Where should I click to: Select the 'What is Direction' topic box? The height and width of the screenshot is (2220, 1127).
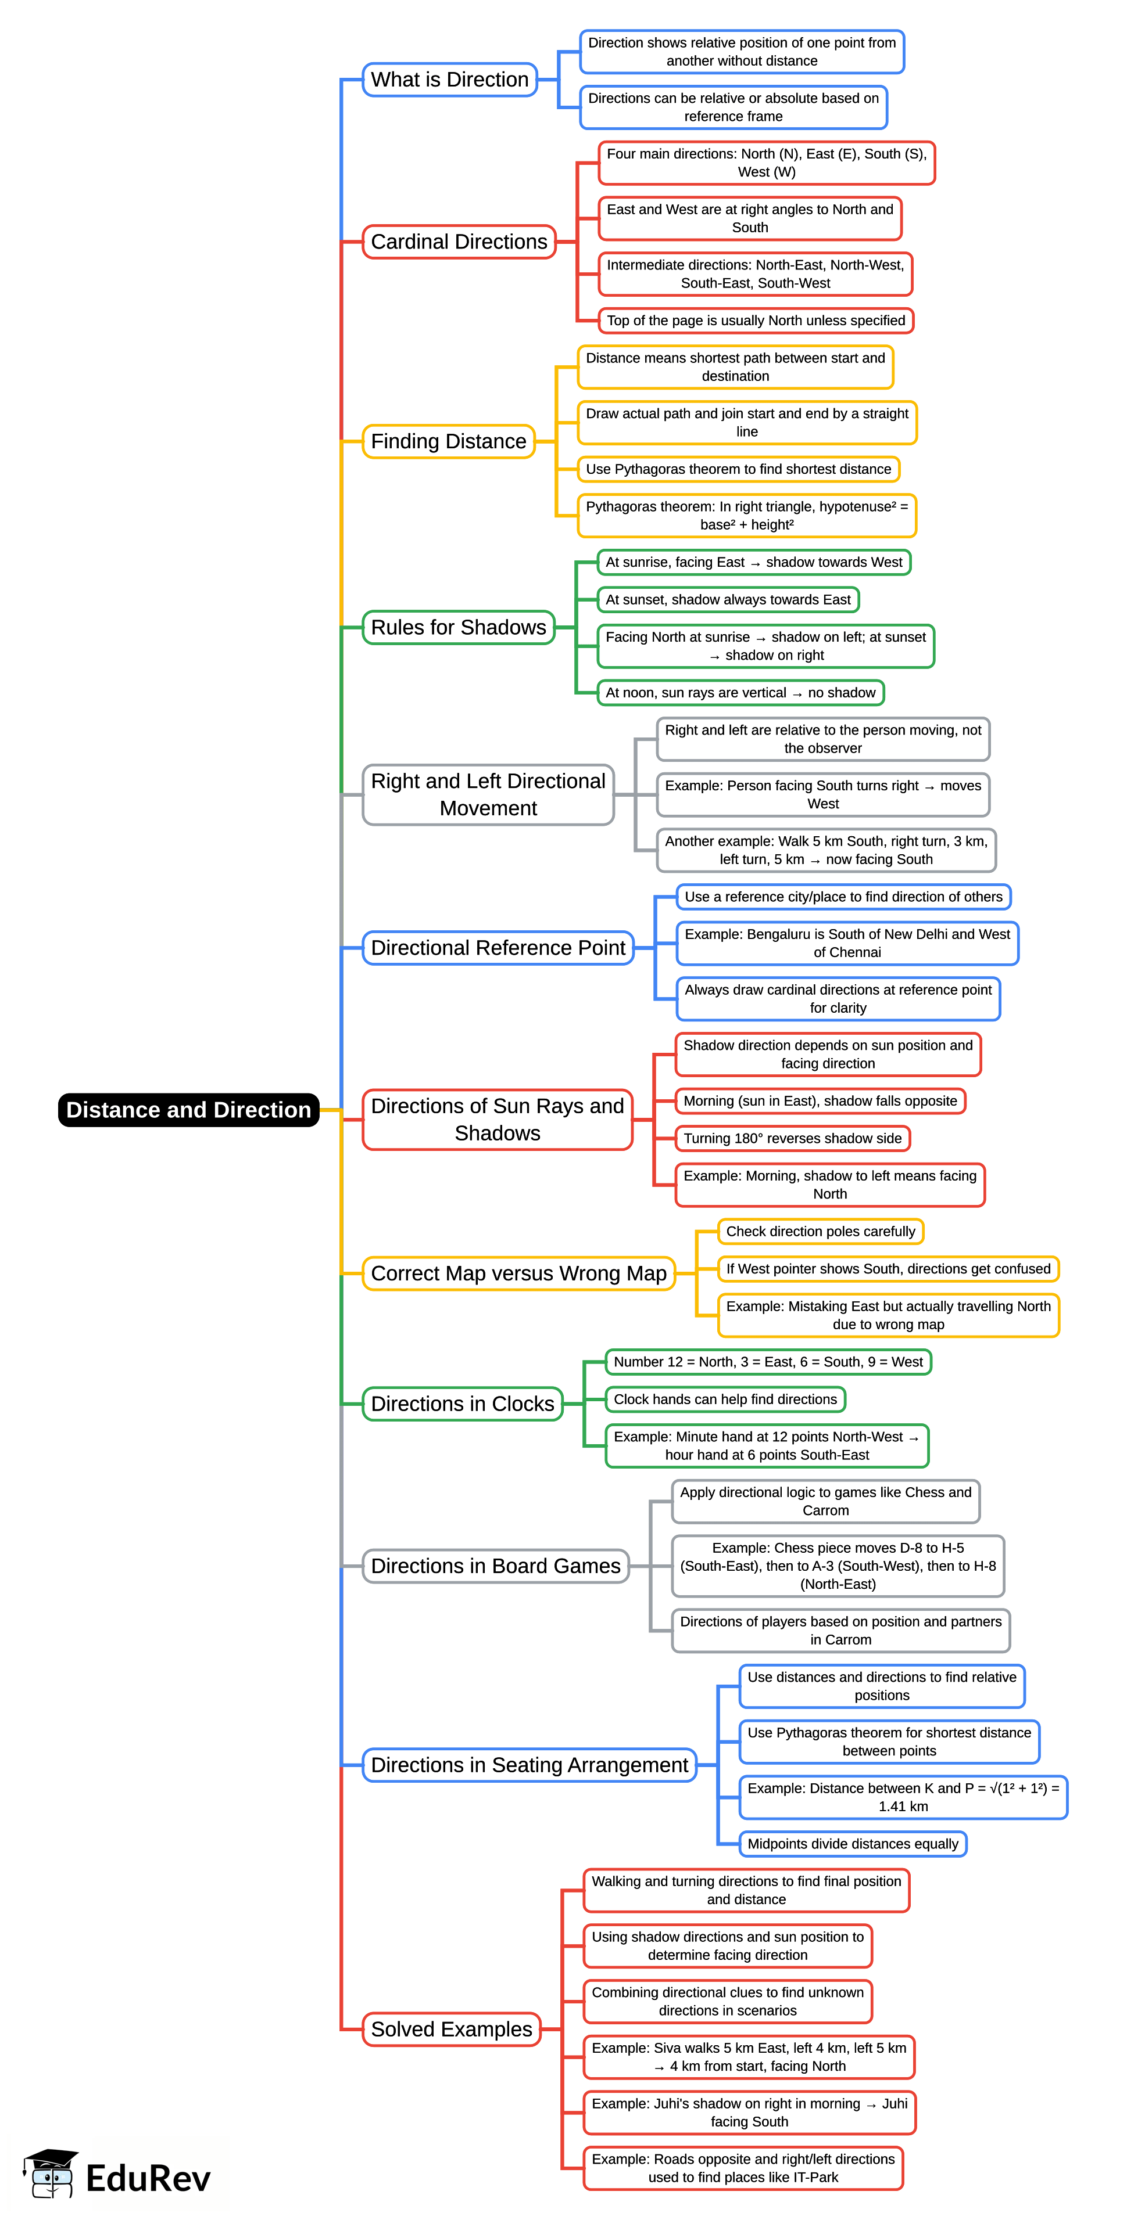tap(449, 80)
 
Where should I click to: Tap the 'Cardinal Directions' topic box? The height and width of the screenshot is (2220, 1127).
tap(459, 242)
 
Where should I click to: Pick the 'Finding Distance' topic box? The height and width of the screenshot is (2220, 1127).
tap(448, 441)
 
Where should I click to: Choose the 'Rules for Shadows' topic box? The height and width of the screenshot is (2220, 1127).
tap(458, 627)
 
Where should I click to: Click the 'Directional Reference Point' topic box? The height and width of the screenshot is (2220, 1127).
tap(498, 948)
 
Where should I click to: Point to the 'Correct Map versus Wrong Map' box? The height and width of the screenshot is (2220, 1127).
tap(518, 1273)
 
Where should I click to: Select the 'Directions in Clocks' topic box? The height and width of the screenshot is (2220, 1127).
tap(462, 1404)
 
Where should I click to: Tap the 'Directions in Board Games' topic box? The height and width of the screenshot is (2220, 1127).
tap(495, 1566)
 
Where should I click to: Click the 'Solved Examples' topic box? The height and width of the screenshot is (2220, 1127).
tap(451, 2030)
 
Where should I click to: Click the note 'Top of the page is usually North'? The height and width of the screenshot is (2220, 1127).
tap(756, 321)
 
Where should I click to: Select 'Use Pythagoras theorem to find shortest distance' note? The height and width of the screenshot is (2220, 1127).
tap(738, 469)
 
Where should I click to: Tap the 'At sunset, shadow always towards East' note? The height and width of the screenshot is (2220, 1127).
tap(728, 600)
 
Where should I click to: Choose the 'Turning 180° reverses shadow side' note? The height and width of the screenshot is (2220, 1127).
tap(792, 1138)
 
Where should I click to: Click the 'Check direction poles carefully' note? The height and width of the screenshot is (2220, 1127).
tap(820, 1232)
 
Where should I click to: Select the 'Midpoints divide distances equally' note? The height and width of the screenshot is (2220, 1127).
tap(853, 1844)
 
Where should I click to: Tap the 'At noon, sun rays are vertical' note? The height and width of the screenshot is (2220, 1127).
tap(740, 693)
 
